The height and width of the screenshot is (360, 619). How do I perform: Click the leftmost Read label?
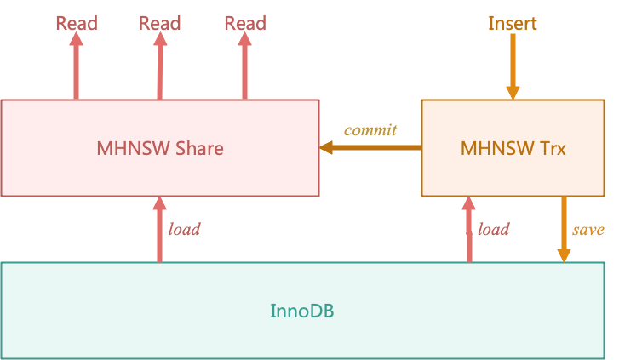click(77, 23)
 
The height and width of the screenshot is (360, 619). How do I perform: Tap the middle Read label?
click(160, 23)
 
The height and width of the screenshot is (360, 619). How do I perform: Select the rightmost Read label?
click(245, 23)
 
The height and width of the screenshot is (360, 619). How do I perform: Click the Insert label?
click(513, 23)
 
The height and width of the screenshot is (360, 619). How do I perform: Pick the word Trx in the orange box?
click(552, 148)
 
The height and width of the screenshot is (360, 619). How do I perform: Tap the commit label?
click(370, 130)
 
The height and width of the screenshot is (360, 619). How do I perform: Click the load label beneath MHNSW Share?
click(184, 229)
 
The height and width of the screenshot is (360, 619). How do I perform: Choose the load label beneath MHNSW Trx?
click(493, 229)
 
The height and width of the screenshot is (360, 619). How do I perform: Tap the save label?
click(587, 230)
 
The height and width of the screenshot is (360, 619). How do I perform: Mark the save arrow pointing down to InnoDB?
click(564, 230)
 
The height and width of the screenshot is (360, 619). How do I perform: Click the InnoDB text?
click(302, 311)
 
